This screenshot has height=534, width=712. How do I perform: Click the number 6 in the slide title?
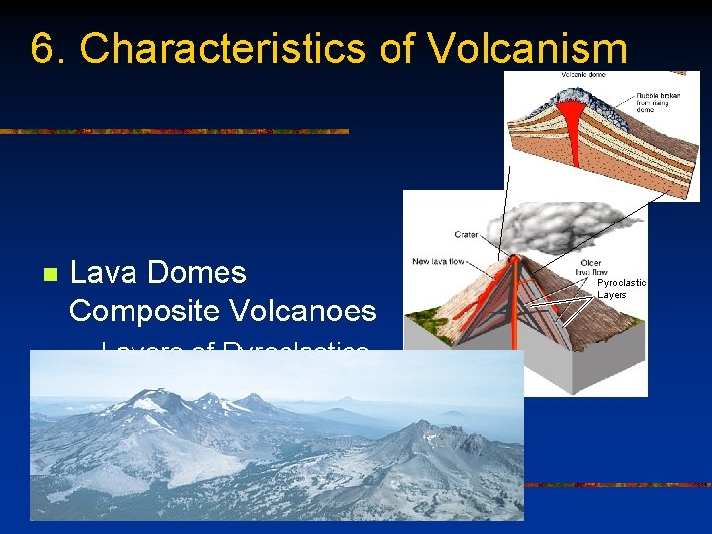[42, 48]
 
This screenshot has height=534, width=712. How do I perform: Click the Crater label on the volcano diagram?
[466, 235]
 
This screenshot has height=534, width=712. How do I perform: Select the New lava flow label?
[436, 262]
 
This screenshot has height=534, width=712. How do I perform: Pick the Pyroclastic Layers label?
[621, 288]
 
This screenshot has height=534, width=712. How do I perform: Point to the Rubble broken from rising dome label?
[652, 102]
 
